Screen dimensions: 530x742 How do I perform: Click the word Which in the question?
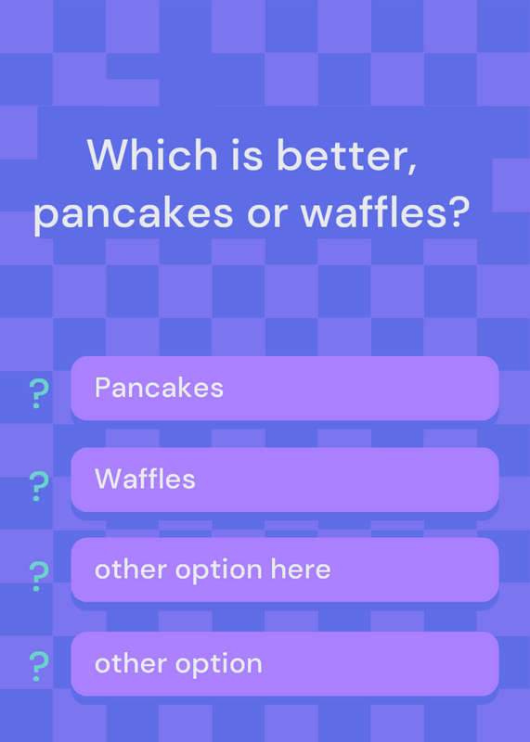pyautogui.click(x=152, y=155)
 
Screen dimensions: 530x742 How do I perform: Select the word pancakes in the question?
pyautogui.click(x=134, y=213)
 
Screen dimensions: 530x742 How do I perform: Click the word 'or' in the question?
pyautogui.click(x=267, y=215)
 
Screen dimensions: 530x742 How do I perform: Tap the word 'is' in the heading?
pyautogui.click(x=247, y=155)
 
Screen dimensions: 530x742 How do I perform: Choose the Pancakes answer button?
pyautogui.click(x=285, y=388)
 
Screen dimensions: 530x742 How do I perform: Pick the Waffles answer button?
pyautogui.click(x=285, y=480)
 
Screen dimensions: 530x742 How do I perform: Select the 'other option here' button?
pyautogui.click(x=285, y=569)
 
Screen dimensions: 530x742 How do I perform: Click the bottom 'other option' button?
pyautogui.click(x=285, y=663)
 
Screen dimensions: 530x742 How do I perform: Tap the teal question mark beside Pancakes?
pyautogui.click(x=39, y=393)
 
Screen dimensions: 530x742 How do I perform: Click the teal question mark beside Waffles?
pyautogui.click(x=39, y=486)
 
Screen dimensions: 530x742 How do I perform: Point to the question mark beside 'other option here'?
pyautogui.click(x=39, y=576)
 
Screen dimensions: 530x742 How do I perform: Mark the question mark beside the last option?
pyautogui.click(x=39, y=666)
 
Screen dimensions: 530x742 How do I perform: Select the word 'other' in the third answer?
pyautogui.click(x=131, y=569)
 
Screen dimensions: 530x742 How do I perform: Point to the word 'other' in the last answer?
pyautogui.click(x=131, y=663)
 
